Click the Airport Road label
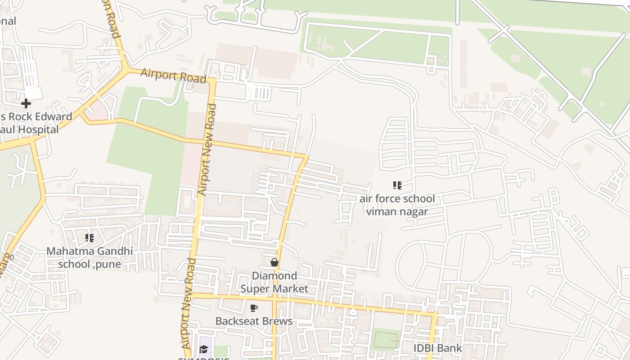(x=173, y=75)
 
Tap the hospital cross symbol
(x=26, y=103)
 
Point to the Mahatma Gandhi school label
(x=90, y=257)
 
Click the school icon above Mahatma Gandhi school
(x=90, y=238)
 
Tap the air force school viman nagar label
(x=397, y=205)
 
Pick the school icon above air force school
(x=397, y=185)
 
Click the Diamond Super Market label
(x=274, y=282)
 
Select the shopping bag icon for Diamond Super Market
(x=274, y=262)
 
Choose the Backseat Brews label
(x=254, y=321)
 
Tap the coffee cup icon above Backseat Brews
(x=254, y=308)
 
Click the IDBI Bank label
(x=438, y=348)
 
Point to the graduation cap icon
(x=204, y=350)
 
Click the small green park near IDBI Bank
(x=386, y=339)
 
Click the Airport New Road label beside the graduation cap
(x=188, y=304)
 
